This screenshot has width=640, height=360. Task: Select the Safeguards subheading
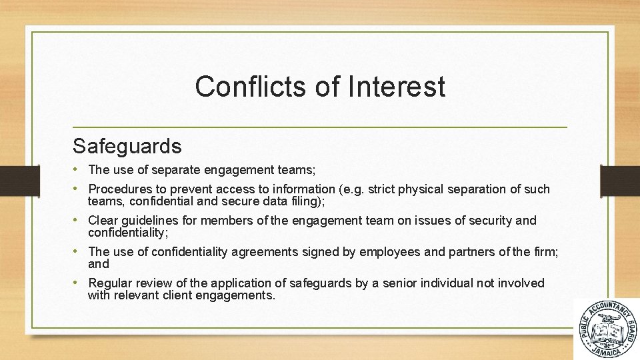tap(127, 146)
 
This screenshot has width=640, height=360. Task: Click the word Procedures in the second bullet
tap(120, 189)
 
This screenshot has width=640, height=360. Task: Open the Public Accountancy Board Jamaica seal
tap(606, 329)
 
